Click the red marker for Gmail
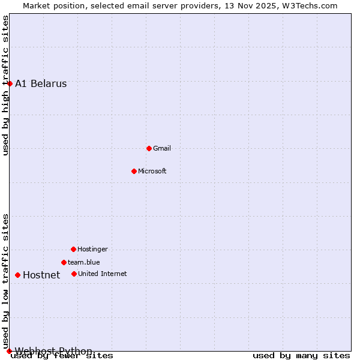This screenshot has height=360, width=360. [x=149, y=148]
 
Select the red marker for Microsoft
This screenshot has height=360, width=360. [x=134, y=171]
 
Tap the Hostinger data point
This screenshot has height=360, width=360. [x=73, y=249]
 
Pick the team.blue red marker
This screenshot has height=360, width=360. [x=64, y=262]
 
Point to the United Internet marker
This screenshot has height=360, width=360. [x=74, y=274]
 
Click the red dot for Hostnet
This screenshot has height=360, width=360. [x=17, y=275]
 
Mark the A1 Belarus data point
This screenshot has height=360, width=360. [x=10, y=83]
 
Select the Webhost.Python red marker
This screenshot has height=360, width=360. [x=9, y=351]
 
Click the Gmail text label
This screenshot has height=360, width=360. [x=162, y=148]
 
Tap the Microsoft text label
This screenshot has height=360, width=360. [x=152, y=171]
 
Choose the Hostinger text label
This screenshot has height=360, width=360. [x=93, y=249]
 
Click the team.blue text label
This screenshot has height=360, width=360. [x=84, y=262]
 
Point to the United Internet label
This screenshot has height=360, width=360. [x=103, y=274]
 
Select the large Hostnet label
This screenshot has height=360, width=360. [x=41, y=275]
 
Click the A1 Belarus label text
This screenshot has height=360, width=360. [x=41, y=83]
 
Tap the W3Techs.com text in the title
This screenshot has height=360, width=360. [x=311, y=5]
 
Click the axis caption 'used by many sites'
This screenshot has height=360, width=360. [x=301, y=356]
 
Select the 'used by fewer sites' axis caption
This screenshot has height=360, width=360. [x=62, y=356]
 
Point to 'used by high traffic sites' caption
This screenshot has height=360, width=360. [x=5, y=85]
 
